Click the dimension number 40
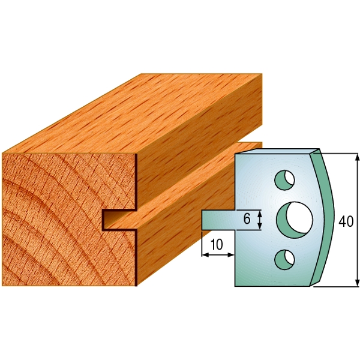tap(346, 221)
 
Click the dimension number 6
tap(247, 219)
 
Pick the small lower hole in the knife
tap(284, 259)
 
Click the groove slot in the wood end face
tap(118, 219)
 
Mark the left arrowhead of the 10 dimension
tap(205, 255)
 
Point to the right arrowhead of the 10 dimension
tap(231, 255)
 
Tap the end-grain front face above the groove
tap(66, 180)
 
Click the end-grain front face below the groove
tap(66, 258)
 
